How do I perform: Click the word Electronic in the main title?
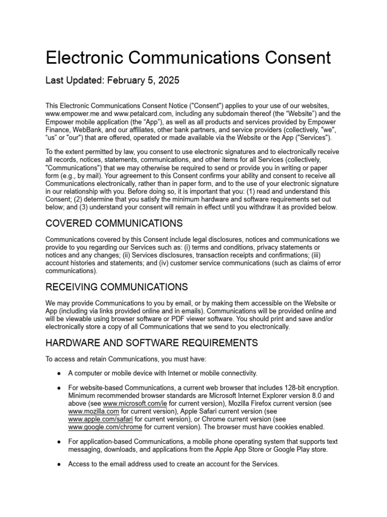pos(86,58)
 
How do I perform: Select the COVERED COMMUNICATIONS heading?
pos(114,223)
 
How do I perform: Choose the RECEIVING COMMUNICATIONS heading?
pos(116,287)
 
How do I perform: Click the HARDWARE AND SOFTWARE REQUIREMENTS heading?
pos(152,343)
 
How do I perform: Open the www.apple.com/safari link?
pos(100,419)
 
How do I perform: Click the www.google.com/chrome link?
pos(105,427)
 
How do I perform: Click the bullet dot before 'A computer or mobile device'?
pos(59,373)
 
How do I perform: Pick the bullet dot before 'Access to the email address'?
pos(59,464)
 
